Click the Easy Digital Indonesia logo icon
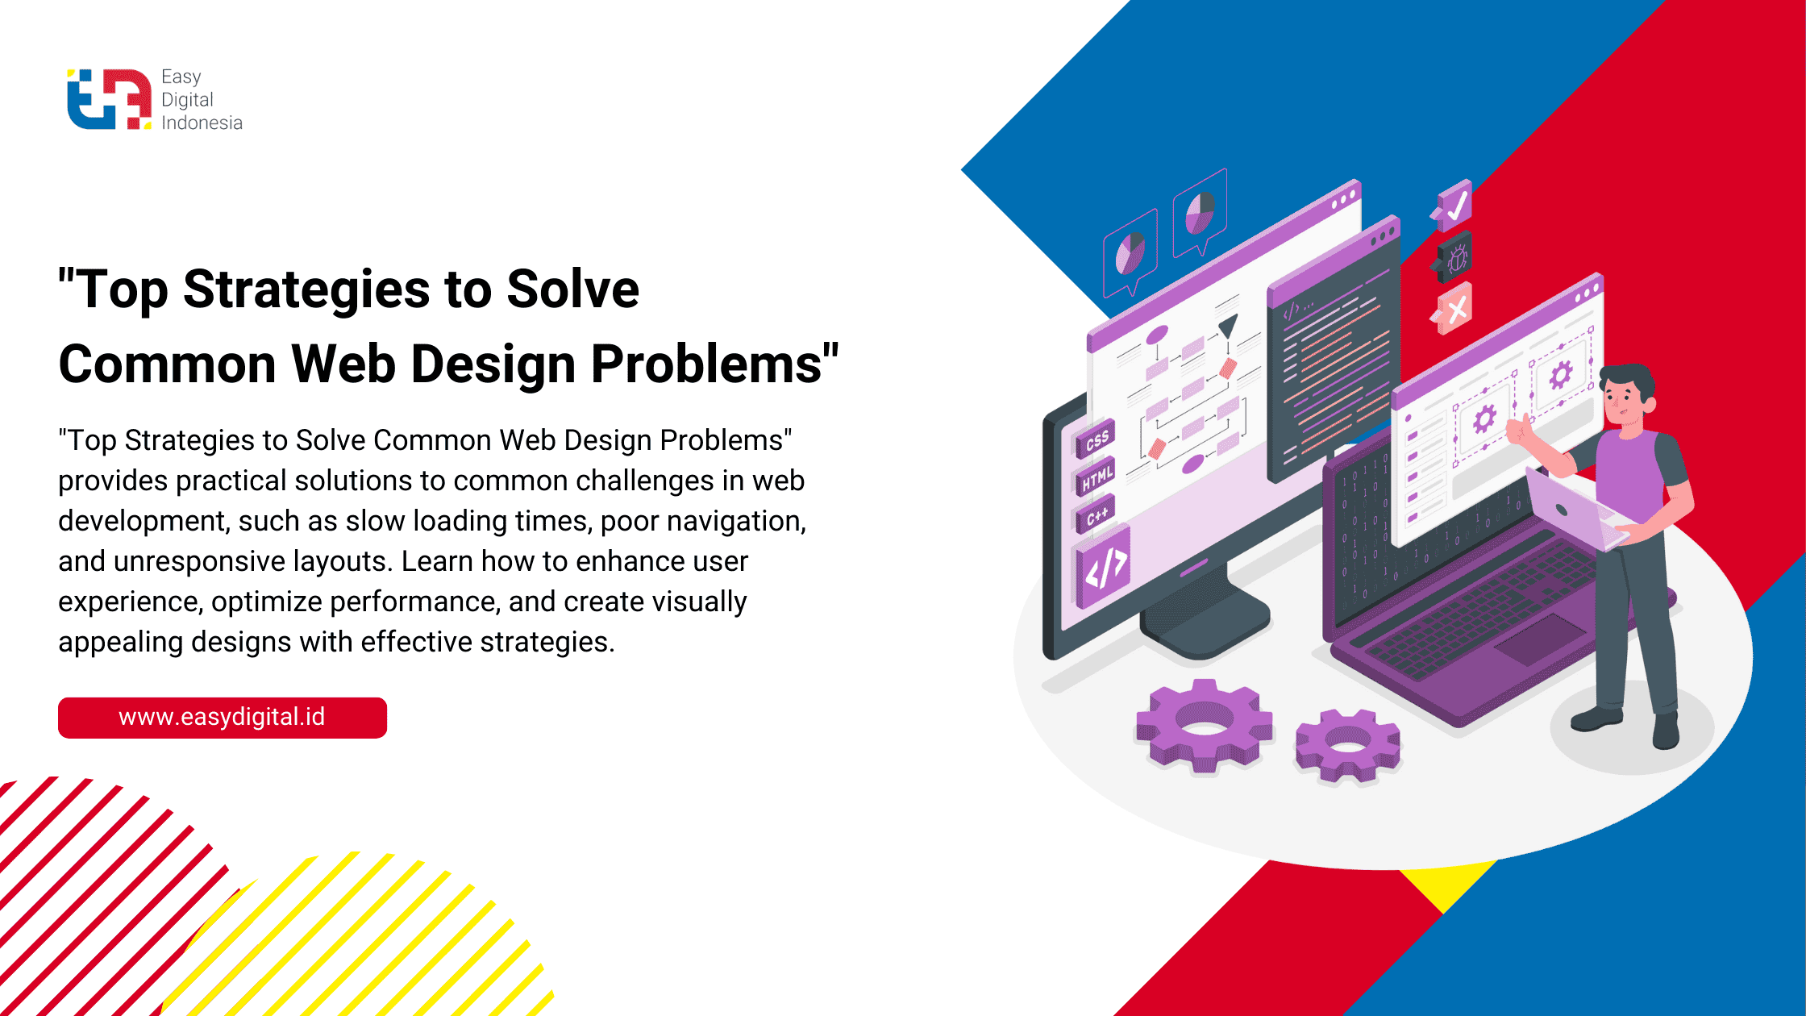click(109, 99)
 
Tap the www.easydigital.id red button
click(223, 718)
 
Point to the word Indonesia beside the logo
click(202, 123)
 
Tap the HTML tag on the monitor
click(1096, 477)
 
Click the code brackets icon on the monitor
click(1104, 567)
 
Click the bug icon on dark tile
click(1454, 257)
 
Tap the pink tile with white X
click(1453, 308)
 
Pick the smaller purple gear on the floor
click(1348, 745)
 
